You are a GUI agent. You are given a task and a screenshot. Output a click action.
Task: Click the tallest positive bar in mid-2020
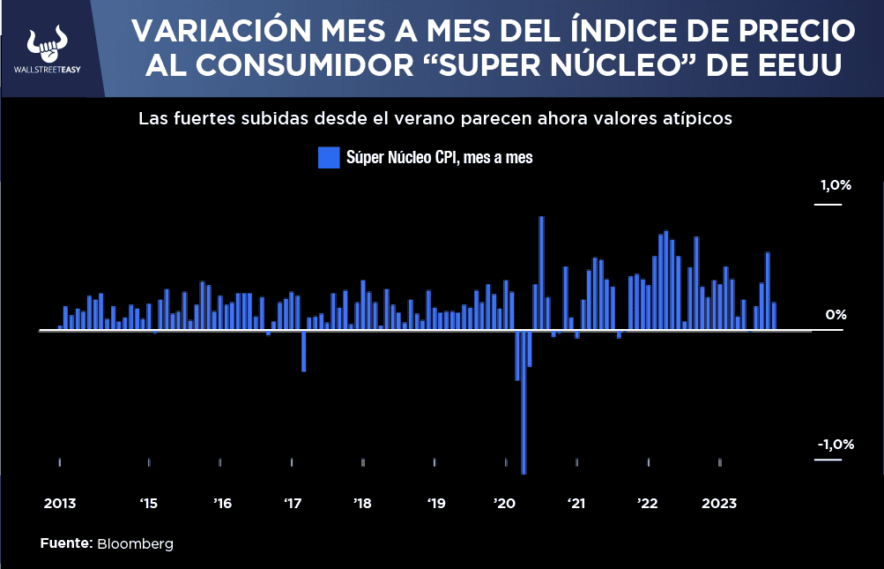[541, 273]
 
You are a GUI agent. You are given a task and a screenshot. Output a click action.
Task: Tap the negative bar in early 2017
[303, 351]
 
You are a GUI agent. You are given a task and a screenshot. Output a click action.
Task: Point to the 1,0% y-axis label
[836, 186]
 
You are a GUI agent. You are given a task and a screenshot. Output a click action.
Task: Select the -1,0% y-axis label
[835, 444]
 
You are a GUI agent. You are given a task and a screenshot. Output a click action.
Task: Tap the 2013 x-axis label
[60, 504]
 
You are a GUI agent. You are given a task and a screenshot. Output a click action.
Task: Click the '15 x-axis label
[148, 504]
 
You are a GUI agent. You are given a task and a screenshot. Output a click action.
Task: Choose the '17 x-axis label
[293, 504]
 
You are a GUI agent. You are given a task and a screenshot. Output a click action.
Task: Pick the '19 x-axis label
[436, 504]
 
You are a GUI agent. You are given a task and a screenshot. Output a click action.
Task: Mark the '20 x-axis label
[505, 504]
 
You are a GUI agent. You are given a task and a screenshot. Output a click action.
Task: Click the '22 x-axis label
[648, 504]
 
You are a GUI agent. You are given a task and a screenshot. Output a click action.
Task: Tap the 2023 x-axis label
[719, 504]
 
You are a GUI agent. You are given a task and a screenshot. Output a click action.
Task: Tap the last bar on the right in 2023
[774, 316]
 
